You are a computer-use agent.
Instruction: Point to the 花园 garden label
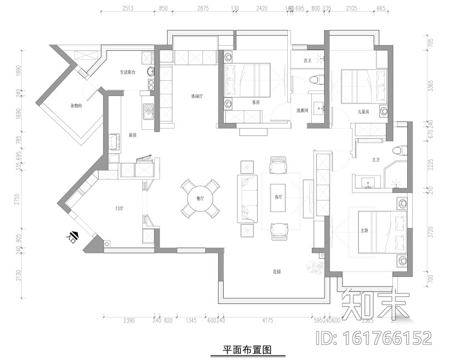pyautogui.click(x=277, y=272)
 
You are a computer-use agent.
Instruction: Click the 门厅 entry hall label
pyautogui.click(x=119, y=208)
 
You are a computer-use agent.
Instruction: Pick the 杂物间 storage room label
pyautogui.click(x=76, y=105)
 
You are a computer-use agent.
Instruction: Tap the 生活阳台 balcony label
pyautogui.click(x=129, y=72)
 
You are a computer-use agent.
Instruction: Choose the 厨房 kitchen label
pyautogui.click(x=133, y=135)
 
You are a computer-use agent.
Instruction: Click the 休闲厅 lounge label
pyautogui.click(x=196, y=96)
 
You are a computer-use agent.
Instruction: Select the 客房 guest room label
pyautogui.click(x=256, y=103)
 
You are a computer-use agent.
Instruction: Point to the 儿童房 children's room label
pyautogui.click(x=364, y=111)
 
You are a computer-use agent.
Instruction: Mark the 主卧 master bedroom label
pyautogui.click(x=365, y=230)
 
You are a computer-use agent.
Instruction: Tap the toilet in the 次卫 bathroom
pyautogui.click(x=315, y=79)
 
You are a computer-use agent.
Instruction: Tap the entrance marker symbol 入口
pyautogui.click(x=73, y=236)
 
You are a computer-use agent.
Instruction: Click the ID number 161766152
pyautogui.click(x=374, y=338)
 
